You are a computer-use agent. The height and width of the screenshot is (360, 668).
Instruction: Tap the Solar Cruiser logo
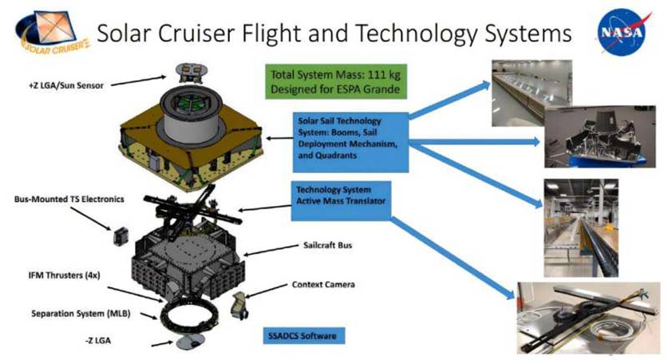(52, 33)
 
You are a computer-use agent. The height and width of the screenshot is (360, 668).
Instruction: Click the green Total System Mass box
(336, 81)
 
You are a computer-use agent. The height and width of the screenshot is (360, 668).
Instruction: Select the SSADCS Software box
(302, 336)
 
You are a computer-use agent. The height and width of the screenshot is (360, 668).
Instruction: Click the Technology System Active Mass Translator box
(341, 200)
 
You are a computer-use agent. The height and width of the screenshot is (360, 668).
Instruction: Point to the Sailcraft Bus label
(327, 245)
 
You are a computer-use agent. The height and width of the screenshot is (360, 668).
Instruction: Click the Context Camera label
(323, 284)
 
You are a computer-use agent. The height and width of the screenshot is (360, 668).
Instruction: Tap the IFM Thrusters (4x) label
(65, 275)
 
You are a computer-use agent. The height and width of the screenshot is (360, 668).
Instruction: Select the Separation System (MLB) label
(81, 314)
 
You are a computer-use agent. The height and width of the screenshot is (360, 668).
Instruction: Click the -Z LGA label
(97, 340)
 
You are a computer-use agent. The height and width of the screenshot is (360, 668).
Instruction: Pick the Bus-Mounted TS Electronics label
(69, 199)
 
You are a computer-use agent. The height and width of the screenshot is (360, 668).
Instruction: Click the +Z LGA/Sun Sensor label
(66, 85)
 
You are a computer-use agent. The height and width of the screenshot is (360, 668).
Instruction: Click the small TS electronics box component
(121, 236)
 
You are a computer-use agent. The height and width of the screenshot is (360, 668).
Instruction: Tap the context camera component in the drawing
(239, 305)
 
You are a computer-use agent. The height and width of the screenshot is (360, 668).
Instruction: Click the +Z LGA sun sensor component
(192, 72)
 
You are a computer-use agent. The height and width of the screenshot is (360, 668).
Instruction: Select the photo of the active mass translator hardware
(588, 318)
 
